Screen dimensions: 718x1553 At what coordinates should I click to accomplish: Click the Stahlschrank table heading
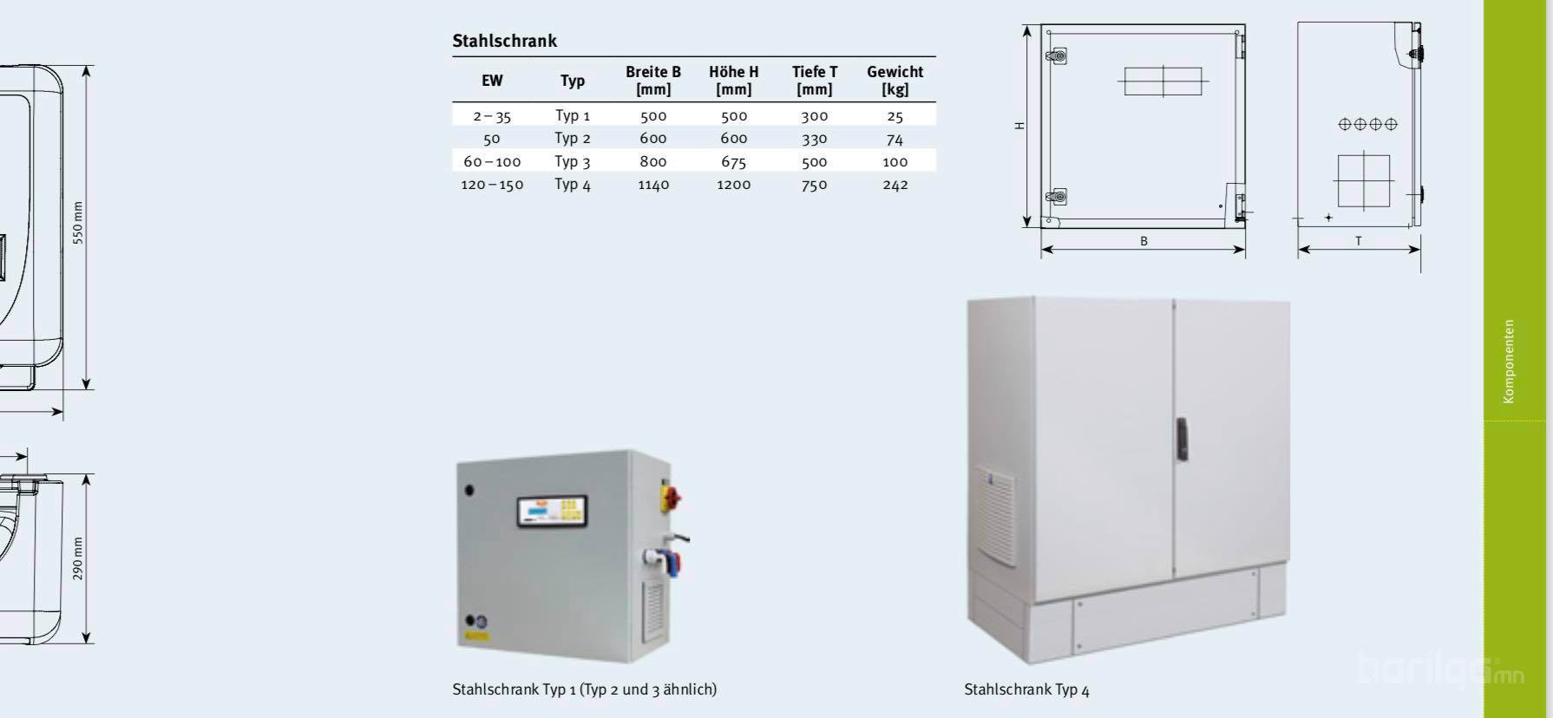click(x=504, y=41)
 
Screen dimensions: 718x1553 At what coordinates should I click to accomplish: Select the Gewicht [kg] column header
click(x=894, y=80)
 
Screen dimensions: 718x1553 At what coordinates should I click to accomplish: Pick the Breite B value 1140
click(x=653, y=185)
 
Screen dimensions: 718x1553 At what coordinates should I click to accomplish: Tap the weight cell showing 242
click(x=894, y=185)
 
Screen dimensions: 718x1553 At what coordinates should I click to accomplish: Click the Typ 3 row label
click(x=573, y=161)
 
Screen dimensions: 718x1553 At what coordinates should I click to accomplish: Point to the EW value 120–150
click(x=492, y=185)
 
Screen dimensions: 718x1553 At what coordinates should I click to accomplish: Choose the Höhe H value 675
click(x=733, y=161)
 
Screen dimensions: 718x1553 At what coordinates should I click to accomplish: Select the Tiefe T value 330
click(x=814, y=139)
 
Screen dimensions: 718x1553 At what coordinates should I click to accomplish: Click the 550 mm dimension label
click(x=78, y=223)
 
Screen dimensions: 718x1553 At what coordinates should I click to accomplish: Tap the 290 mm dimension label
click(x=78, y=558)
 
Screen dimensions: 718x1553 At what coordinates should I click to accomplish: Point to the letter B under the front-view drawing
click(x=1143, y=241)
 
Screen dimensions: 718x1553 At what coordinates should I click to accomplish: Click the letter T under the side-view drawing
click(x=1359, y=241)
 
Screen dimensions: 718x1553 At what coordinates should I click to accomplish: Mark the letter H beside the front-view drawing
click(x=1020, y=126)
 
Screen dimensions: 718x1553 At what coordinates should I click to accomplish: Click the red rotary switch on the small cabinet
click(x=672, y=497)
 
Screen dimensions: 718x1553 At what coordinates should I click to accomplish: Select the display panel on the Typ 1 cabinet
click(x=552, y=511)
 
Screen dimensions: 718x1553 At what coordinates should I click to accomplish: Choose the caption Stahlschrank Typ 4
click(x=1026, y=690)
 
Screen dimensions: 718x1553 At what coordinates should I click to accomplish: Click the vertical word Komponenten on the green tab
click(x=1509, y=361)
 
